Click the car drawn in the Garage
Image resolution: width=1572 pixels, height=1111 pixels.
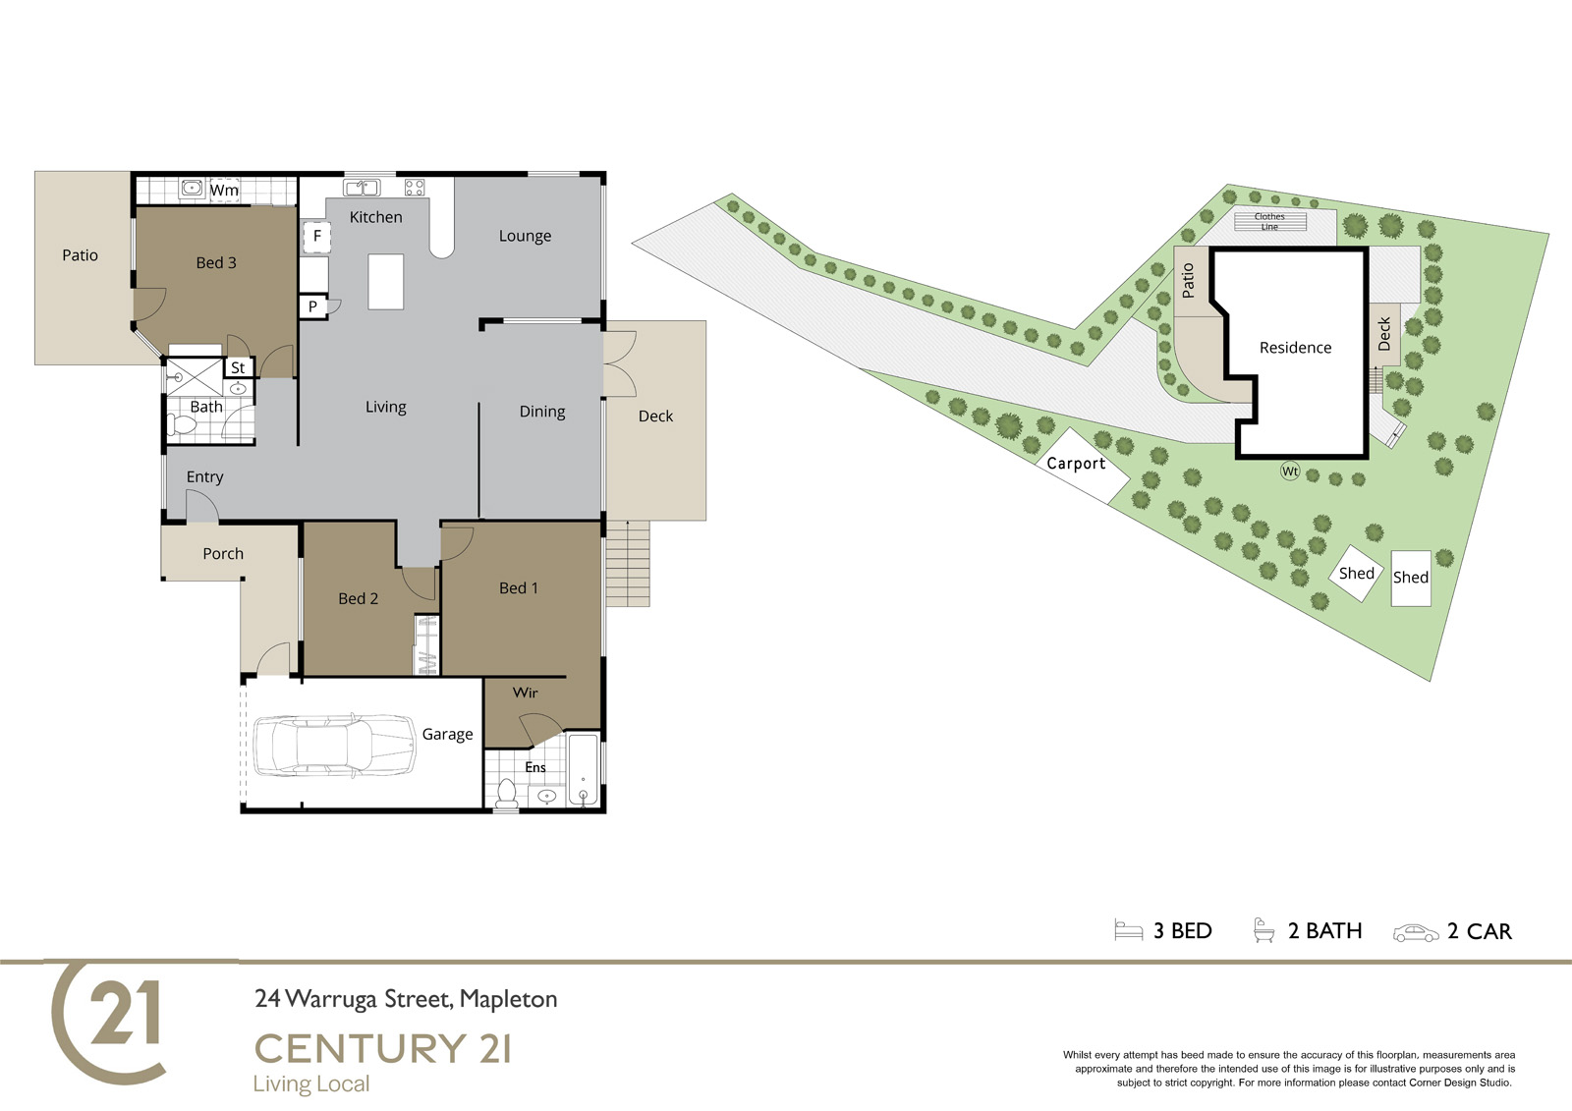(334, 746)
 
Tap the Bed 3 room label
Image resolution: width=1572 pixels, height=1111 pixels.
(216, 263)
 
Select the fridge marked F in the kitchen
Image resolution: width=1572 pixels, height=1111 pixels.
(316, 236)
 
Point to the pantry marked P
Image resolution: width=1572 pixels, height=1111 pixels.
(313, 306)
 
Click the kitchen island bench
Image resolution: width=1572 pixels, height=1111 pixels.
(386, 282)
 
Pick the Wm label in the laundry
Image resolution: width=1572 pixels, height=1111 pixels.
(224, 191)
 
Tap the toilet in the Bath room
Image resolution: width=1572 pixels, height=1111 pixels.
(182, 424)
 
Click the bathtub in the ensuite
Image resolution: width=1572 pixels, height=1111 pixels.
(584, 769)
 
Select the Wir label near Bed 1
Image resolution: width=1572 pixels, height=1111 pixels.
(525, 693)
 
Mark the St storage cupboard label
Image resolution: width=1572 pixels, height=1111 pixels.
(238, 367)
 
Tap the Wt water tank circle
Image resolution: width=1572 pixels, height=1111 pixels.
(1290, 471)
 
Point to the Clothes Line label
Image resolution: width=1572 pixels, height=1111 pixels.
(1269, 222)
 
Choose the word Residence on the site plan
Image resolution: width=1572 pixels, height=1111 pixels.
(1296, 348)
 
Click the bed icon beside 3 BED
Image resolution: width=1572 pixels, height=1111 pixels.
(1129, 930)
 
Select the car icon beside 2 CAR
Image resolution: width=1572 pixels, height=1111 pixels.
(1416, 933)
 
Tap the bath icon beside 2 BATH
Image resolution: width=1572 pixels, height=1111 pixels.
(1263, 930)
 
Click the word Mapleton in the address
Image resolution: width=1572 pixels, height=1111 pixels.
(508, 999)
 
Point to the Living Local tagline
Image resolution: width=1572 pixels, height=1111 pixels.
(311, 1084)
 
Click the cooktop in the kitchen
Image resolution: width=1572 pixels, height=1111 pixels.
(415, 187)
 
